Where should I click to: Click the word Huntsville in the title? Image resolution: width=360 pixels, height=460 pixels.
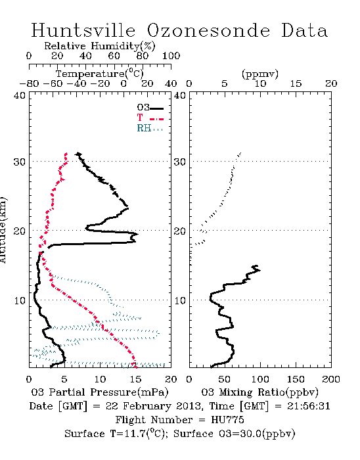point(83,30)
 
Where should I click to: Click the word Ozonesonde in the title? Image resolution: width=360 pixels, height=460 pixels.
point(208,30)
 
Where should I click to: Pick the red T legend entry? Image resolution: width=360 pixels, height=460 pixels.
point(150,118)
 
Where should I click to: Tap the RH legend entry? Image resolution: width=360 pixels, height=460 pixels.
point(150,128)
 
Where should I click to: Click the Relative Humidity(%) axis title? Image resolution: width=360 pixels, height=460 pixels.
point(100,46)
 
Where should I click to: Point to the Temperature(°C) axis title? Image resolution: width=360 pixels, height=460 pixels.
point(100,74)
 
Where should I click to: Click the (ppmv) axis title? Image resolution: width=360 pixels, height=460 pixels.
point(260,74)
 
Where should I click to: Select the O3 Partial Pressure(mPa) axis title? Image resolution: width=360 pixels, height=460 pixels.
point(100,392)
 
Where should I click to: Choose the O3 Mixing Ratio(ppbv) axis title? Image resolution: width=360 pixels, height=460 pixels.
point(259,392)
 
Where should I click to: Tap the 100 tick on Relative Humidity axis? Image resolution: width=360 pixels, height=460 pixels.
point(171,56)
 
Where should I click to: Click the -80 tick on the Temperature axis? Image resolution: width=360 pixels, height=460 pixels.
point(29,83)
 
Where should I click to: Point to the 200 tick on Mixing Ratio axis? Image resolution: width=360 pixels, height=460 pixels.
point(331,379)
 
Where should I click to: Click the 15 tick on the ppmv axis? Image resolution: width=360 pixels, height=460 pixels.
point(296,83)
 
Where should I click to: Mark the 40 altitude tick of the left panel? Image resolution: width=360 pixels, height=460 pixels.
point(20,95)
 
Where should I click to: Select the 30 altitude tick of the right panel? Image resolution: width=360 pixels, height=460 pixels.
point(180,162)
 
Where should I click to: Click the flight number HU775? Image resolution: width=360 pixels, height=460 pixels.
point(227,420)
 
